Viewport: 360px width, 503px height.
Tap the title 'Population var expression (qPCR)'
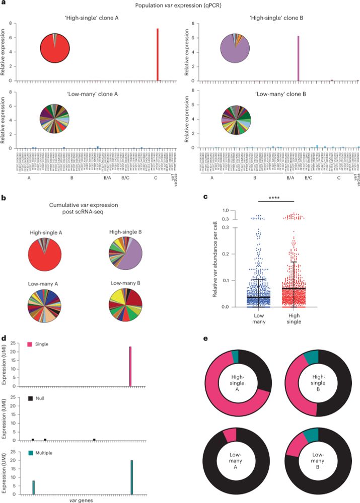coord(180,5)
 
